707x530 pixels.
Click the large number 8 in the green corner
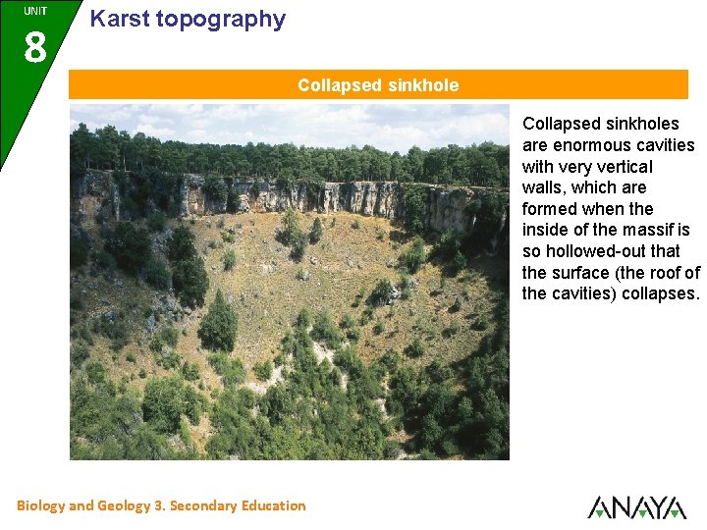click(34, 45)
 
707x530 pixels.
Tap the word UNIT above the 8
click(34, 11)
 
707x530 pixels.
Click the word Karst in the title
click(117, 19)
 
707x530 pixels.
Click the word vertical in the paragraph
click(621, 167)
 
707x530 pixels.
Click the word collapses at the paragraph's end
click(660, 293)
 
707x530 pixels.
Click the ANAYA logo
click(636, 506)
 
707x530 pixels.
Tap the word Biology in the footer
click(40, 505)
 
